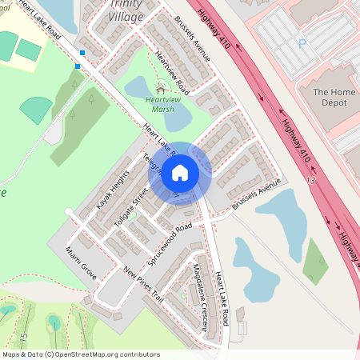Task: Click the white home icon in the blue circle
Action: (x=180, y=173)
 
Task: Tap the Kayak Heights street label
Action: (x=113, y=189)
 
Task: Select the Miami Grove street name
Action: (x=81, y=262)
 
